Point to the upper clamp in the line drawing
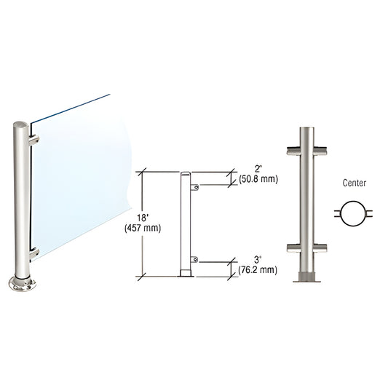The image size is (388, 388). click(195, 188)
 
